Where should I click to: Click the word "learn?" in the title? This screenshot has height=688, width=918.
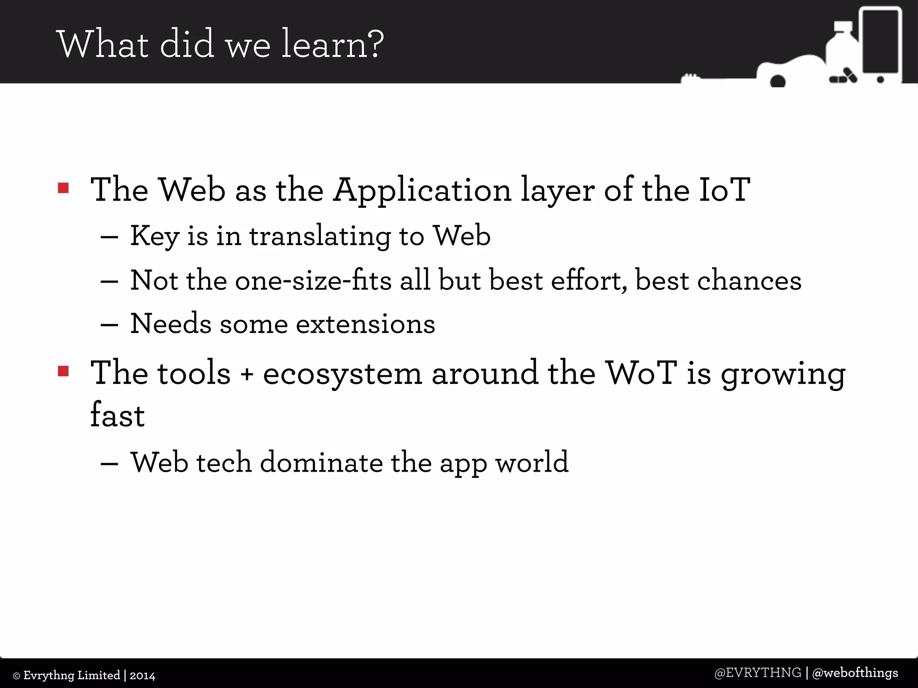click(332, 44)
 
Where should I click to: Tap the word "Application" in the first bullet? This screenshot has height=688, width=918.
click(422, 190)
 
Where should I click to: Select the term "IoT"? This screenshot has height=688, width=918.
click(724, 189)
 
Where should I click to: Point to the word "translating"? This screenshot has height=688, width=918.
click(320, 236)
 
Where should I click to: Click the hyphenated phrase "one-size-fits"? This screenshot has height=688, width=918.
click(313, 280)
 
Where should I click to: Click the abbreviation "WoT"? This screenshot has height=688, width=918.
click(641, 373)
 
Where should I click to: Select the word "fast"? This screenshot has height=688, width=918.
click(117, 415)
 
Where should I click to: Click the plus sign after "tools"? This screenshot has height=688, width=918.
click(247, 374)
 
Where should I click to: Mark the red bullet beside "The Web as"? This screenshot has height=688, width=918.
click(63, 188)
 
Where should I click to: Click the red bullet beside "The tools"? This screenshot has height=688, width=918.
click(63, 371)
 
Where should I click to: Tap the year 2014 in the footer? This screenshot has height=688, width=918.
click(143, 675)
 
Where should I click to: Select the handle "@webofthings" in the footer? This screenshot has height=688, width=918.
click(855, 673)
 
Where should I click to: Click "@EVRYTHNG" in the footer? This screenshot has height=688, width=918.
click(758, 673)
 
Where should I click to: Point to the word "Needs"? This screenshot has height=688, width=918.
click(170, 323)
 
